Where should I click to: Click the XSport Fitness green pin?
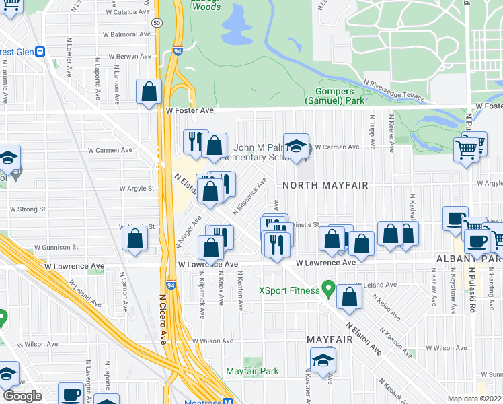[328, 289]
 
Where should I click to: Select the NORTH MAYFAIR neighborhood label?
[318, 184]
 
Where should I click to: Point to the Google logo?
[22, 395]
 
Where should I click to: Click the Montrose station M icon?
[227, 401]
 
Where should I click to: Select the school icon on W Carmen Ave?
[296, 147]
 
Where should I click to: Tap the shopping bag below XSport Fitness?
[350, 298]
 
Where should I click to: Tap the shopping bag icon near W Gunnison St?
[135, 239]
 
